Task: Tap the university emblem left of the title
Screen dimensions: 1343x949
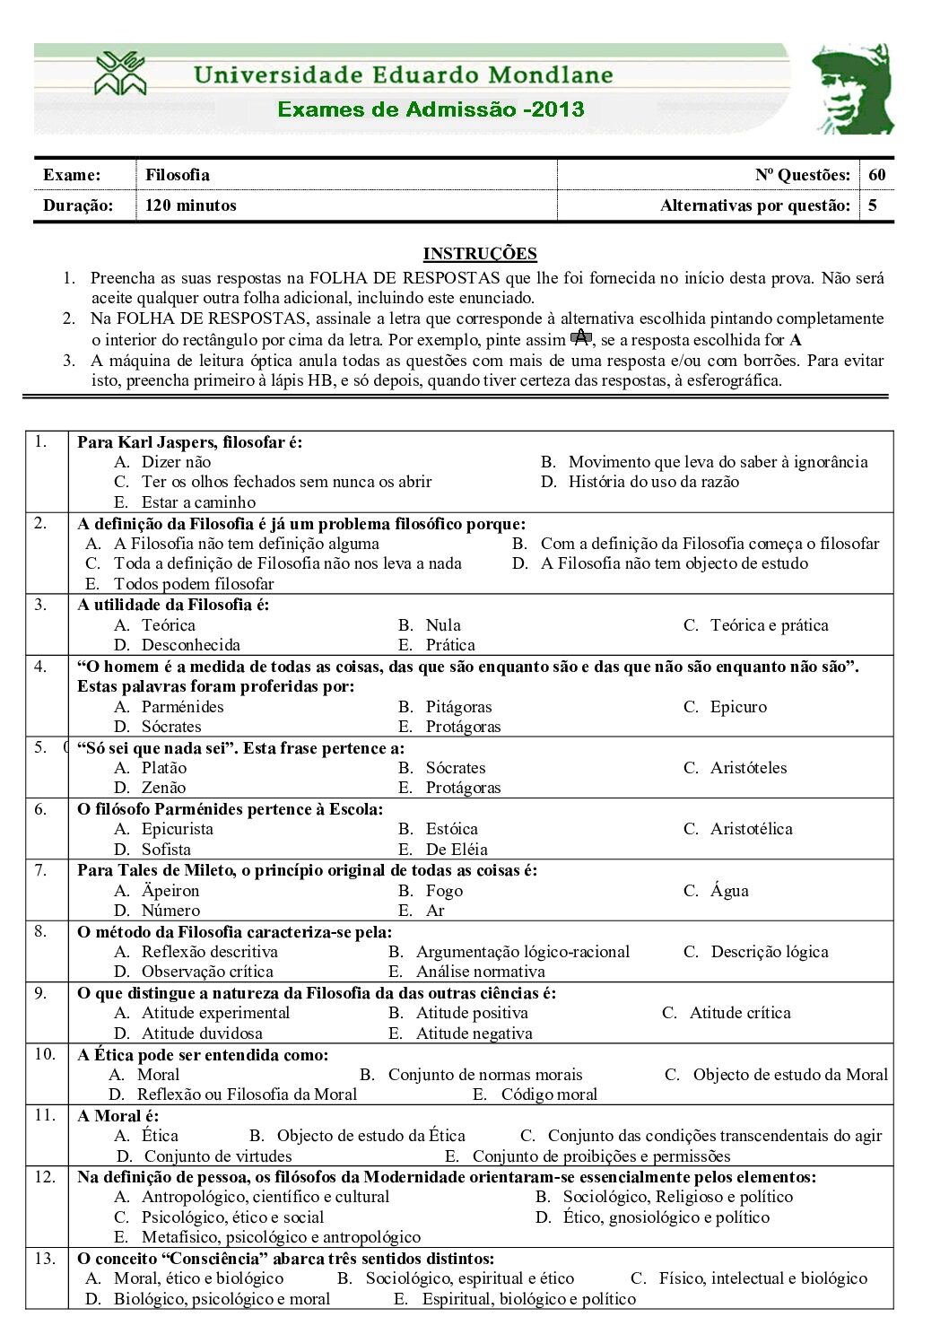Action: (120, 74)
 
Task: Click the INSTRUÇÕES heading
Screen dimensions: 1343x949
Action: (480, 254)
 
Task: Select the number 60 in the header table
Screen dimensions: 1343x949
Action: (876, 175)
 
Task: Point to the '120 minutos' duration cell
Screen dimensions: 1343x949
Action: (191, 205)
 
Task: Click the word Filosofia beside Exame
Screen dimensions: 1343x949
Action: (178, 175)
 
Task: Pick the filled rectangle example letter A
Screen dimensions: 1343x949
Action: (581, 337)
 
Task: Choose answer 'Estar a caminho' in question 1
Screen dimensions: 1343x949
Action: (198, 502)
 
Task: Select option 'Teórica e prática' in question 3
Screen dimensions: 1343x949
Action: (769, 625)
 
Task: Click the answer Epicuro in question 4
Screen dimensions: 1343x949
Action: (738, 707)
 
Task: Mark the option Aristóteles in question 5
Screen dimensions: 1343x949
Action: (748, 768)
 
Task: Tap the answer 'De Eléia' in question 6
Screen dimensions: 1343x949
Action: (457, 850)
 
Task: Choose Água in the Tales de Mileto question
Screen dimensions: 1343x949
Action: (729, 891)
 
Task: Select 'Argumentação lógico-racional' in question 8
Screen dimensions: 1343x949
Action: (522, 952)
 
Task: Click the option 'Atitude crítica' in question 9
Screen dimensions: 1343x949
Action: (740, 1013)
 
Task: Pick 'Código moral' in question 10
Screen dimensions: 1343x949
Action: (548, 1094)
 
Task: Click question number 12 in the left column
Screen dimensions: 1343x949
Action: (45, 1177)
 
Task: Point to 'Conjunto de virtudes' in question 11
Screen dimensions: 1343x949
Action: (218, 1156)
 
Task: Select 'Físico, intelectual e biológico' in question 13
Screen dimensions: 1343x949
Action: (762, 1278)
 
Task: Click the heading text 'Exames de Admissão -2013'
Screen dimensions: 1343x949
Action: (431, 109)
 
